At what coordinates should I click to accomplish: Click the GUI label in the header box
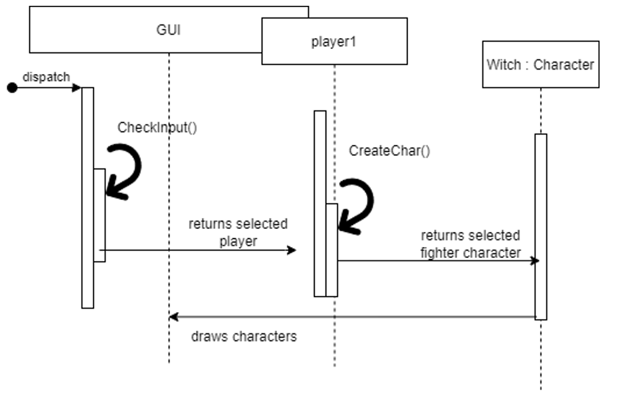coord(169,29)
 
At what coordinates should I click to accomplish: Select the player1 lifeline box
coord(334,41)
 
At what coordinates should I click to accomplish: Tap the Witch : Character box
coord(540,64)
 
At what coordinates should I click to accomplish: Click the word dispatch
coord(46,77)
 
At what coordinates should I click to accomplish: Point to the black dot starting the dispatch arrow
coord(12,88)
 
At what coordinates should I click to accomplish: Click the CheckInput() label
coord(157,127)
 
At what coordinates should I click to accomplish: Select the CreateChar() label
coord(389,151)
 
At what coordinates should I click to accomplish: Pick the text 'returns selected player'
coord(238,232)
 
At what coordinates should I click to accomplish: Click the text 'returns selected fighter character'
coord(470,244)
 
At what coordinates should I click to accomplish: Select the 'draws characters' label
coord(244,337)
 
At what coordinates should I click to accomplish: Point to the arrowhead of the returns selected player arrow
coord(293,250)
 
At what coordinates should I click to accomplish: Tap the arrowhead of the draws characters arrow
coord(173,317)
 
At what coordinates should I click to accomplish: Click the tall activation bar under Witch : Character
coord(541,226)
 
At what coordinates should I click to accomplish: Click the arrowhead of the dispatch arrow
coord(77,88)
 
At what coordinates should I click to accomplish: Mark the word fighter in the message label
coord(440,253)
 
